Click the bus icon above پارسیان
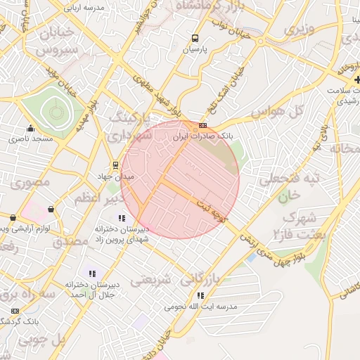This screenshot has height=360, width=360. (194, 39)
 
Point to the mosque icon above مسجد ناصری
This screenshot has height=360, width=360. (30, 128)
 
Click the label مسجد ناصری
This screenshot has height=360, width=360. (31, 139)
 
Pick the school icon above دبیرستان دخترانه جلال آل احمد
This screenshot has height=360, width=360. (91, 273)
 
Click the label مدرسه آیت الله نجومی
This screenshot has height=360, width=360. (200, 307)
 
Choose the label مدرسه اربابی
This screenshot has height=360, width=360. (84, 8)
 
